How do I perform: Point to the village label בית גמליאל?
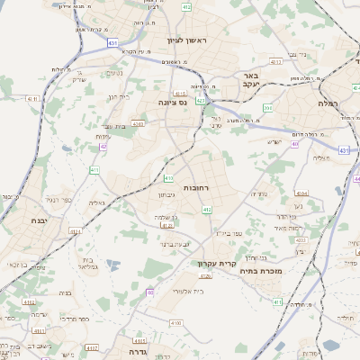[86, 261]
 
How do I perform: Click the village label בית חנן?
[119, 96]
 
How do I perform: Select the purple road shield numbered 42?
[104, 146]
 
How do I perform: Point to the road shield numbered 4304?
[301, 193]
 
